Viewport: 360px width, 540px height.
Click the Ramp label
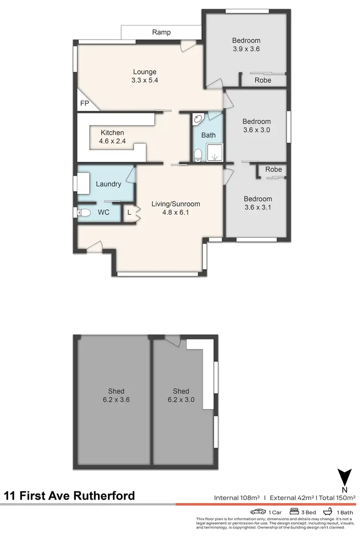161,32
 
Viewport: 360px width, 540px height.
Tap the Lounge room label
144,72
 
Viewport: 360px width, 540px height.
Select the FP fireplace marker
84,103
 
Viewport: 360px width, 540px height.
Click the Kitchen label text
112,133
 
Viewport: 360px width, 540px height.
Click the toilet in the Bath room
198,154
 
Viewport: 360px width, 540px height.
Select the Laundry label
108,184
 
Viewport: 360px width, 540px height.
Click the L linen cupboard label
129,212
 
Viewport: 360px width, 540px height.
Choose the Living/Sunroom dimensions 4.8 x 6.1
176,212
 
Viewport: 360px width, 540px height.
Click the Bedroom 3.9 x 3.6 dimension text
246,48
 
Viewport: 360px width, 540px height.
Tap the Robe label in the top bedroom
263,80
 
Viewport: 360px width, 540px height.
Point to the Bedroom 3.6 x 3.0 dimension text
256,130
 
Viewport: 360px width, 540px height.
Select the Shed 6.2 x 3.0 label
181,399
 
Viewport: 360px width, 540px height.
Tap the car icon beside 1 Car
258,512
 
